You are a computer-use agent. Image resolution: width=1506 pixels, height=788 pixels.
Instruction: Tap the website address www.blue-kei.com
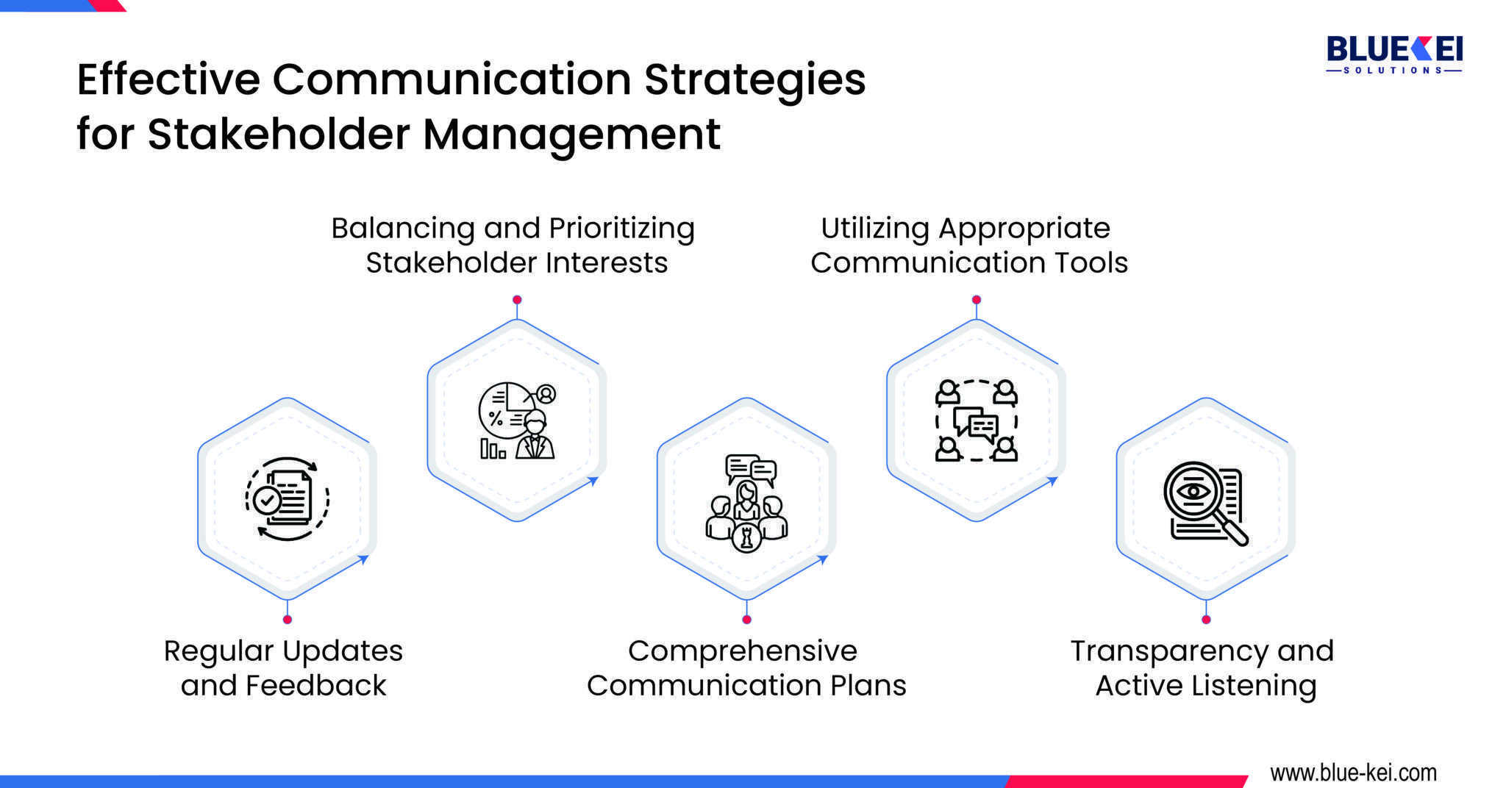[x=1353, y=773]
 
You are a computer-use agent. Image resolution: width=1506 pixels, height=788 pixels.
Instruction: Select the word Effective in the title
[x=168, y=79]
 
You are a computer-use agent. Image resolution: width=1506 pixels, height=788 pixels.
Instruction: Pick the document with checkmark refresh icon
[x=287, y=499]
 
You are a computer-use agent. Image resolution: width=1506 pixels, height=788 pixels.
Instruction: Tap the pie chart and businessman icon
[x=517, y=420]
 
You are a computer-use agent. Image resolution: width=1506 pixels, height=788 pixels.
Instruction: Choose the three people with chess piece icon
[x=746, y=504]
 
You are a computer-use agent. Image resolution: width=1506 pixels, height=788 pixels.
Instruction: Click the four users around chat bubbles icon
[x=976, y=420]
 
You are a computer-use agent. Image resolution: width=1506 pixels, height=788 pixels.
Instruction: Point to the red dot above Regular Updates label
[x=288, y=620]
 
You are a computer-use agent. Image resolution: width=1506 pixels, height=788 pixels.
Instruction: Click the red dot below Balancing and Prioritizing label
[x=517, y=300]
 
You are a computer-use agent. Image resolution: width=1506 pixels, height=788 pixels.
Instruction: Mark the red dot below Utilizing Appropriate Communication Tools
[x=977, y=300]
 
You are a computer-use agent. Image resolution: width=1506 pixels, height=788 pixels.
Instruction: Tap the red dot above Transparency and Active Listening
[x=1206, y=620]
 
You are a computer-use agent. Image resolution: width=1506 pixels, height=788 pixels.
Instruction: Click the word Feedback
[x=315, y=686]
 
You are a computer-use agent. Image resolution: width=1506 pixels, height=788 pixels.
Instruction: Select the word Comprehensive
[x=743, y=651]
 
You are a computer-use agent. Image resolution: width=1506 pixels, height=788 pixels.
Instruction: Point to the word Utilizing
[x=875, y=229]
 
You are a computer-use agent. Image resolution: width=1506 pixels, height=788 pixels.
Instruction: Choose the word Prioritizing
[x=621, y=229]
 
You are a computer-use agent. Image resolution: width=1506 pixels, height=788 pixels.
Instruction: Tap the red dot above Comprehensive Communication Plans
[x=746, y=620]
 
